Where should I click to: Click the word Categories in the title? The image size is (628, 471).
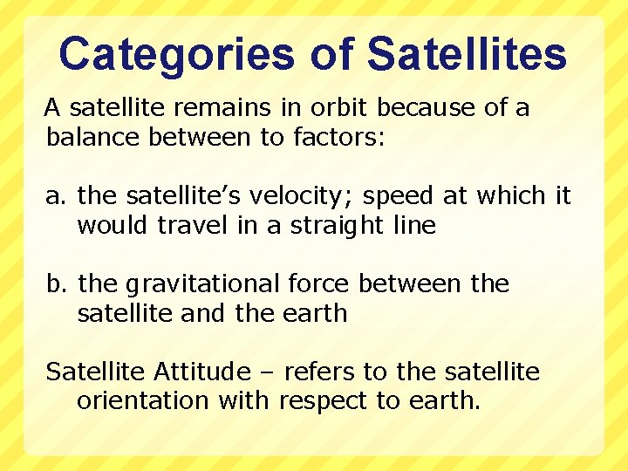tap(177, 55)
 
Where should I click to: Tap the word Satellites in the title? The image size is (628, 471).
tap(467, 55)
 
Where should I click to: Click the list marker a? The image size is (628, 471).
tap(57, 196)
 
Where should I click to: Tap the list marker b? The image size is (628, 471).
tap(57, 283)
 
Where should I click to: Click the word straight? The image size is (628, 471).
tap(343, 226)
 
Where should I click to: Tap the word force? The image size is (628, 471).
tap(319, 283)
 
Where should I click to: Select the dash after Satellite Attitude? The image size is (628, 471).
tap(266, 373)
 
